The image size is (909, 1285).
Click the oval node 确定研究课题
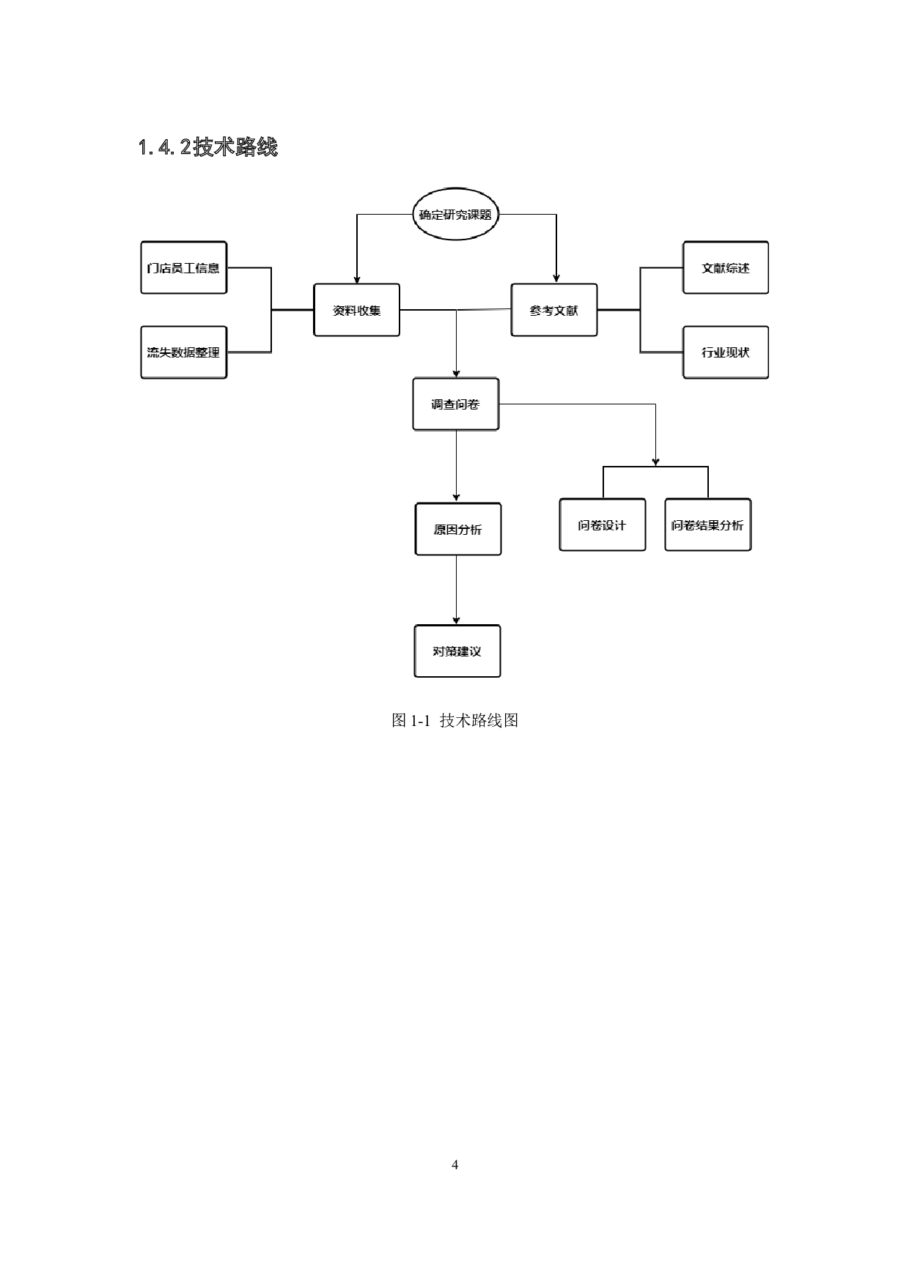(x=455, y=215)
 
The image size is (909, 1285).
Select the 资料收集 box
(x=356, y=310)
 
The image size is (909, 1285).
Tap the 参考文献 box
(x=553, y=310)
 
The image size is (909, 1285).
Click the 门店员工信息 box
(x=183, y=268)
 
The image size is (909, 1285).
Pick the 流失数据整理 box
(x=183, y=352)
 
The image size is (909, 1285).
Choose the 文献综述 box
(x=725, y=268)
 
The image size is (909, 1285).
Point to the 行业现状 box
(x=725, y=352)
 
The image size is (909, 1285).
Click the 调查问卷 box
(x=455, y=404)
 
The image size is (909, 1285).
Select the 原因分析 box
(x=457, y=529)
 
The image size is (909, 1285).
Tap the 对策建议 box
(x=457, y=651)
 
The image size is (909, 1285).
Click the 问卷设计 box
(x=602, y=525)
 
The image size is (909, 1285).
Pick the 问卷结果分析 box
(x=707, y=525)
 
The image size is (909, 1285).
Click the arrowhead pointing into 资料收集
(x=357, y=279)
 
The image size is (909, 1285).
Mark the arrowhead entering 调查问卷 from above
(x=456, y=374)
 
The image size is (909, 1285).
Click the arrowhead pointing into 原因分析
(x=456, y=497)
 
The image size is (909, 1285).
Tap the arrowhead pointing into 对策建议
(x=456, y=620)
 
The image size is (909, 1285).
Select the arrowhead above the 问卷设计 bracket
(x=655, y=462)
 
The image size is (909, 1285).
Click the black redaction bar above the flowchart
(x=454, y=161)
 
